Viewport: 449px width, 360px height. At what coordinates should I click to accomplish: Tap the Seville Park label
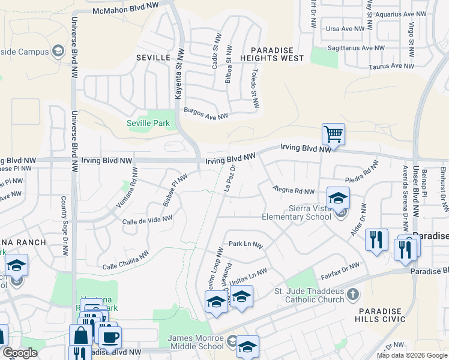click(x=148, y=124)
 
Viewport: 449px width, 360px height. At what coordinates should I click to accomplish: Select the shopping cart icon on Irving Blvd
click(x=333, y=134)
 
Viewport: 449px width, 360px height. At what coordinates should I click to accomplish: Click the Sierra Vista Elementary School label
click(x=297, y=212)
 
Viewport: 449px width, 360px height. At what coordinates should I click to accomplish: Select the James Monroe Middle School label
click(x=196, y=343)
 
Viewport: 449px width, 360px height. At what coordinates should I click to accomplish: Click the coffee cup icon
click(x=110, y=337)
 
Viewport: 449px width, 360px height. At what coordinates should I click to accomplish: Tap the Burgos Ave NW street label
click(x=206, y=114)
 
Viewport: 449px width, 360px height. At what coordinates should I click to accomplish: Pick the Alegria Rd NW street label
click(x=294, y=190)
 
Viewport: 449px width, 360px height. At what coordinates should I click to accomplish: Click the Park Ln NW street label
click(x=246, y=245)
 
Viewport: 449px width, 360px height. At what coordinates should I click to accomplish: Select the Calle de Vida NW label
click(x=148, y=220)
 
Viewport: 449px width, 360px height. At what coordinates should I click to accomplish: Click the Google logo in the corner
click(x=20, y=353)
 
